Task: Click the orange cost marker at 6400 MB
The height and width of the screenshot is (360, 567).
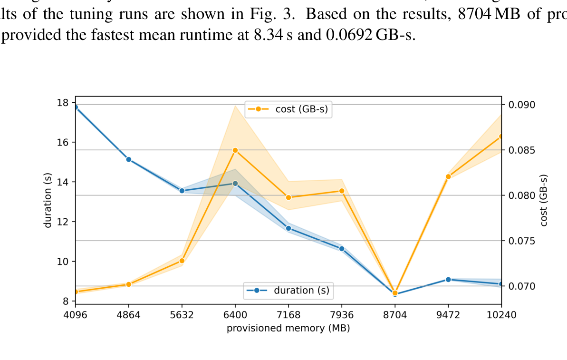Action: point(235,150)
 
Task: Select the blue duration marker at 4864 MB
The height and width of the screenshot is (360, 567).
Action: point(129,159)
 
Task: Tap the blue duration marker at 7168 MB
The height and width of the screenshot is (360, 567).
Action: point(288,228)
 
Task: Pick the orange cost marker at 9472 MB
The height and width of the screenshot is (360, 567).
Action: point(448,176)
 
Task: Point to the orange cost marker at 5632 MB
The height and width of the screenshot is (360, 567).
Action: point(182,261)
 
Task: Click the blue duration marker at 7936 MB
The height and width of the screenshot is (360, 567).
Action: point(342,248)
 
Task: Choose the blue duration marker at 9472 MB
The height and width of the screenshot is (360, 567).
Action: point(448,279)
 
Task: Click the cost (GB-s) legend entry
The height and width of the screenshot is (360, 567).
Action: point(288,109)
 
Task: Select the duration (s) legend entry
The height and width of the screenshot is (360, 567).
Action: point(288,290)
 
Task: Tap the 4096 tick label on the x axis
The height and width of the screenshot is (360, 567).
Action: point(76,315)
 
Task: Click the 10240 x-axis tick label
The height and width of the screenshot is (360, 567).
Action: point(501,315)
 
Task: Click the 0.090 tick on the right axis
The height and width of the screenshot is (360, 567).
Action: point(521,105)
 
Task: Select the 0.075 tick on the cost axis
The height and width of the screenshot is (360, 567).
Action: point(521,241)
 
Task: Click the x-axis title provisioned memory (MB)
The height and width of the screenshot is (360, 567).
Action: point(288,328)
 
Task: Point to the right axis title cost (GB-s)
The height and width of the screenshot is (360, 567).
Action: point(544,200)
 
